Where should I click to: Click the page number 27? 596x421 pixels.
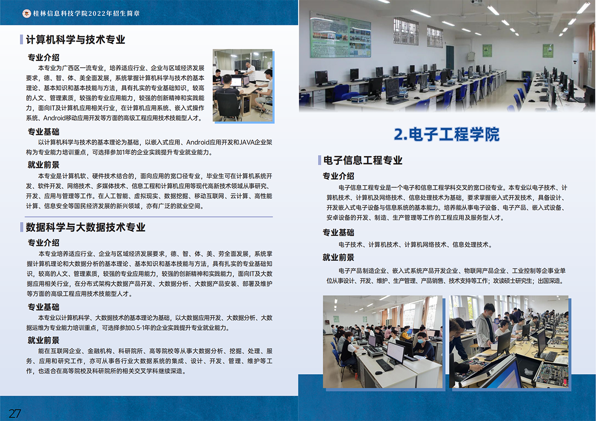[14, 413]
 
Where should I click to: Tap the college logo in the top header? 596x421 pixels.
[26, 13]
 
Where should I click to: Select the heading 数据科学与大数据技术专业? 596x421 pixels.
[85, 227]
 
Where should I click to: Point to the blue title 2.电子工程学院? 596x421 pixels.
[446, 134]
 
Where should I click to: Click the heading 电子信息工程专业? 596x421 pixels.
[362, 160]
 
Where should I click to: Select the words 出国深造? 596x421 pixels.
[550, 281]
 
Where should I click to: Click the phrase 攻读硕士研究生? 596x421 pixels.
[511, 281]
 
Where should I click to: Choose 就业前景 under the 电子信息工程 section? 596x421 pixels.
[338, 257]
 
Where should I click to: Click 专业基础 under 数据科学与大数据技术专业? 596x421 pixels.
[43, 307]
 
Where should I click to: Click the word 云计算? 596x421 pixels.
[239, 196]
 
